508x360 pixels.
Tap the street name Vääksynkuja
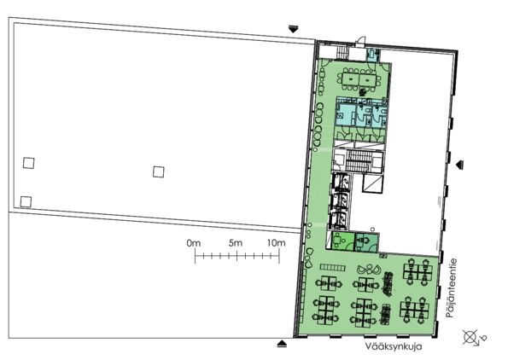tap(394, 346)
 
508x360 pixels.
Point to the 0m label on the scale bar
tap(194, 243)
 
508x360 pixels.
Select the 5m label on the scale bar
tap(236, 243)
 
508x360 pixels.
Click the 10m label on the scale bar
tap(277, 243)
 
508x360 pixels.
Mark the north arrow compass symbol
tap(474, 338)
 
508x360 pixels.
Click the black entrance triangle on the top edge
tap(293, 29)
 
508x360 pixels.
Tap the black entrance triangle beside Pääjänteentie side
tap(459, 165)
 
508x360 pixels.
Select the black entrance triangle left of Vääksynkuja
tap(283, 344)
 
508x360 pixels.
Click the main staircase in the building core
tap(358, 160)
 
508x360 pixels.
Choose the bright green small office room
tap(343, 241)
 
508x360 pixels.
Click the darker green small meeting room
tap(366, 242)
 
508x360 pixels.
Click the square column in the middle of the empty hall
tap(159, 172)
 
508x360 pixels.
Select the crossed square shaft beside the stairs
tap(373, 184)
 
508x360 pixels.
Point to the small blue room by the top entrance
tap(373, 55)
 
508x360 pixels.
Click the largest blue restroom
tap(346, 114)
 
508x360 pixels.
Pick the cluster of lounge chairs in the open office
tap(369, 269)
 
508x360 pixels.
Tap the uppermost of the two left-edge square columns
tap(29, 163)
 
